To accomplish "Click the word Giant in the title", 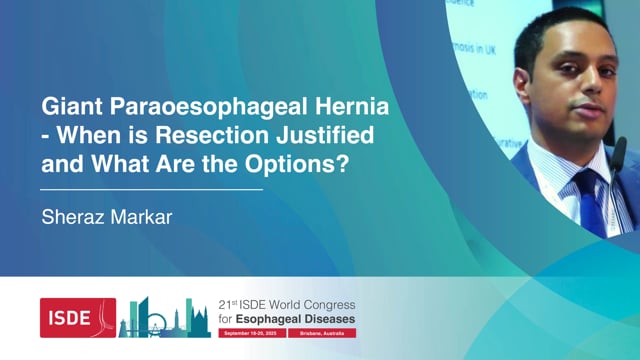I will click(67, 106).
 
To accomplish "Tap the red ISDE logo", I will click(77, 317).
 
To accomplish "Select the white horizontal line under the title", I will click(151, 188).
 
